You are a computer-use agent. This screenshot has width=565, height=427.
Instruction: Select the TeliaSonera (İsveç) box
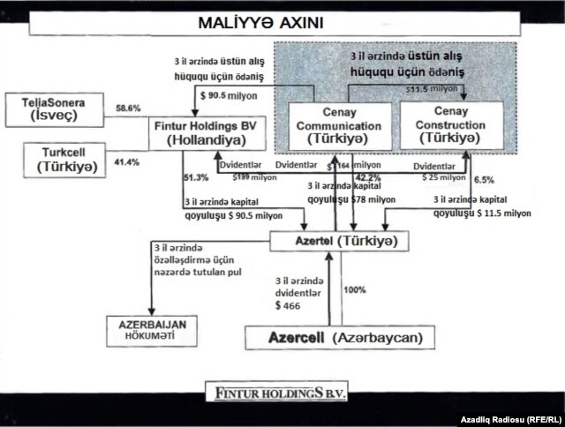coord(54,108)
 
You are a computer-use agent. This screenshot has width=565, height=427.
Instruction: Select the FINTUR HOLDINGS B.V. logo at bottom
coord(283,389)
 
